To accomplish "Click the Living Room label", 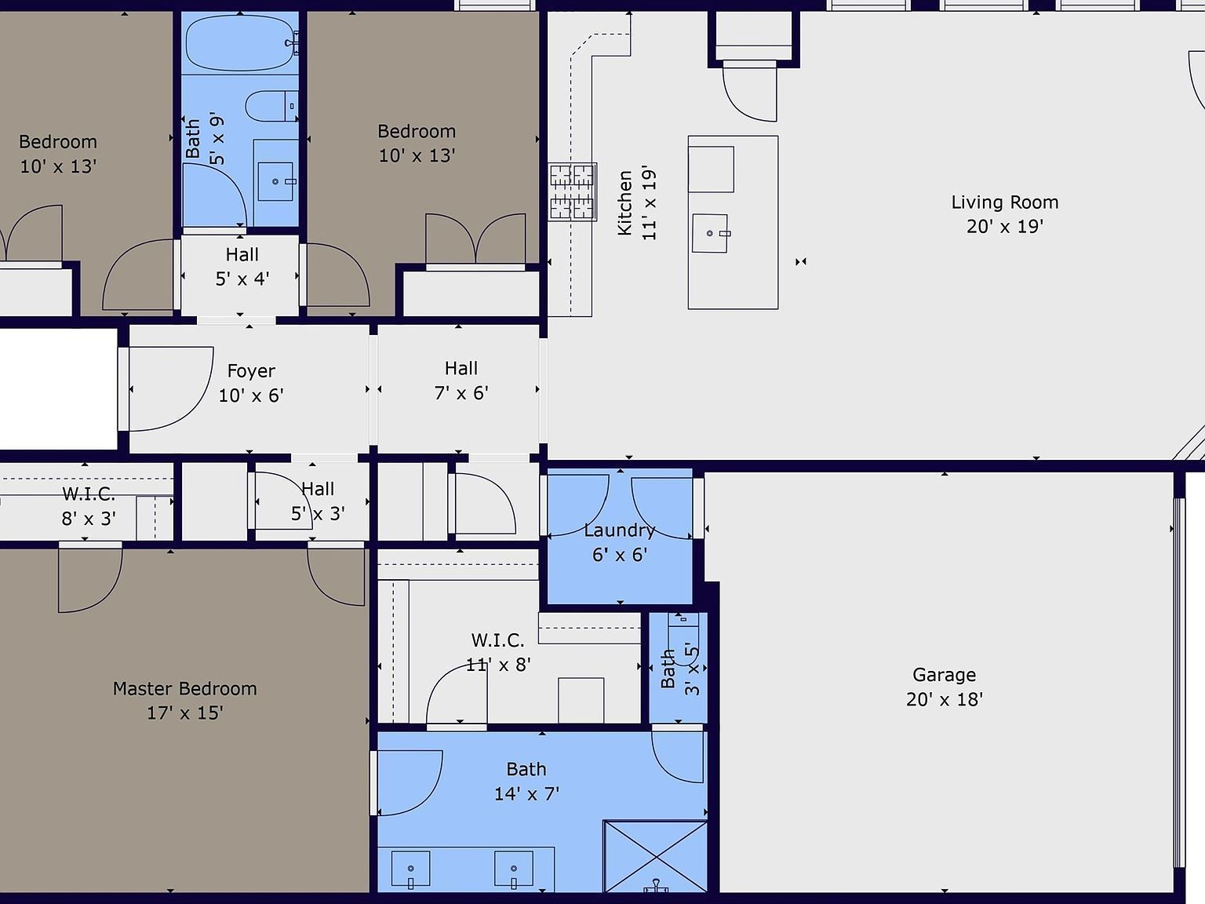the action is coord(1005,202).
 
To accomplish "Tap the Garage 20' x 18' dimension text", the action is coord(945,699).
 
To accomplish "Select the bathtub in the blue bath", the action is coord(241,43).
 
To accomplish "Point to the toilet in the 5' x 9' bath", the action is coord(271,106).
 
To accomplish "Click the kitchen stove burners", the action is coord(572,191).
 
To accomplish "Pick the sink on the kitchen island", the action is coord(710,233).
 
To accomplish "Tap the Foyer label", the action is coord(251,371).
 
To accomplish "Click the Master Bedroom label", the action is coord(184,688).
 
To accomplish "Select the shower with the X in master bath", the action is coord(656,856).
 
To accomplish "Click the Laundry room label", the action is coord(619,530).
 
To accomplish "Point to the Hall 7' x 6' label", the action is coord(461,381).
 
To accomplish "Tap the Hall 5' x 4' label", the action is coord(242,267).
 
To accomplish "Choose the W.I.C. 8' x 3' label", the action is coord(89,506).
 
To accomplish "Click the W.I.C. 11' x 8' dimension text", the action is coord(498,665).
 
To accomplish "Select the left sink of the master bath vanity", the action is coord(410,869).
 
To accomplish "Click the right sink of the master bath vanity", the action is coord(513,869).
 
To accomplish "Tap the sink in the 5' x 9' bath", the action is coord(275,181).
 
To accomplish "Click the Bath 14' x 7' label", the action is coord(526,781).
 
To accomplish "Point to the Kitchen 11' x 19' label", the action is coord(637,203).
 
